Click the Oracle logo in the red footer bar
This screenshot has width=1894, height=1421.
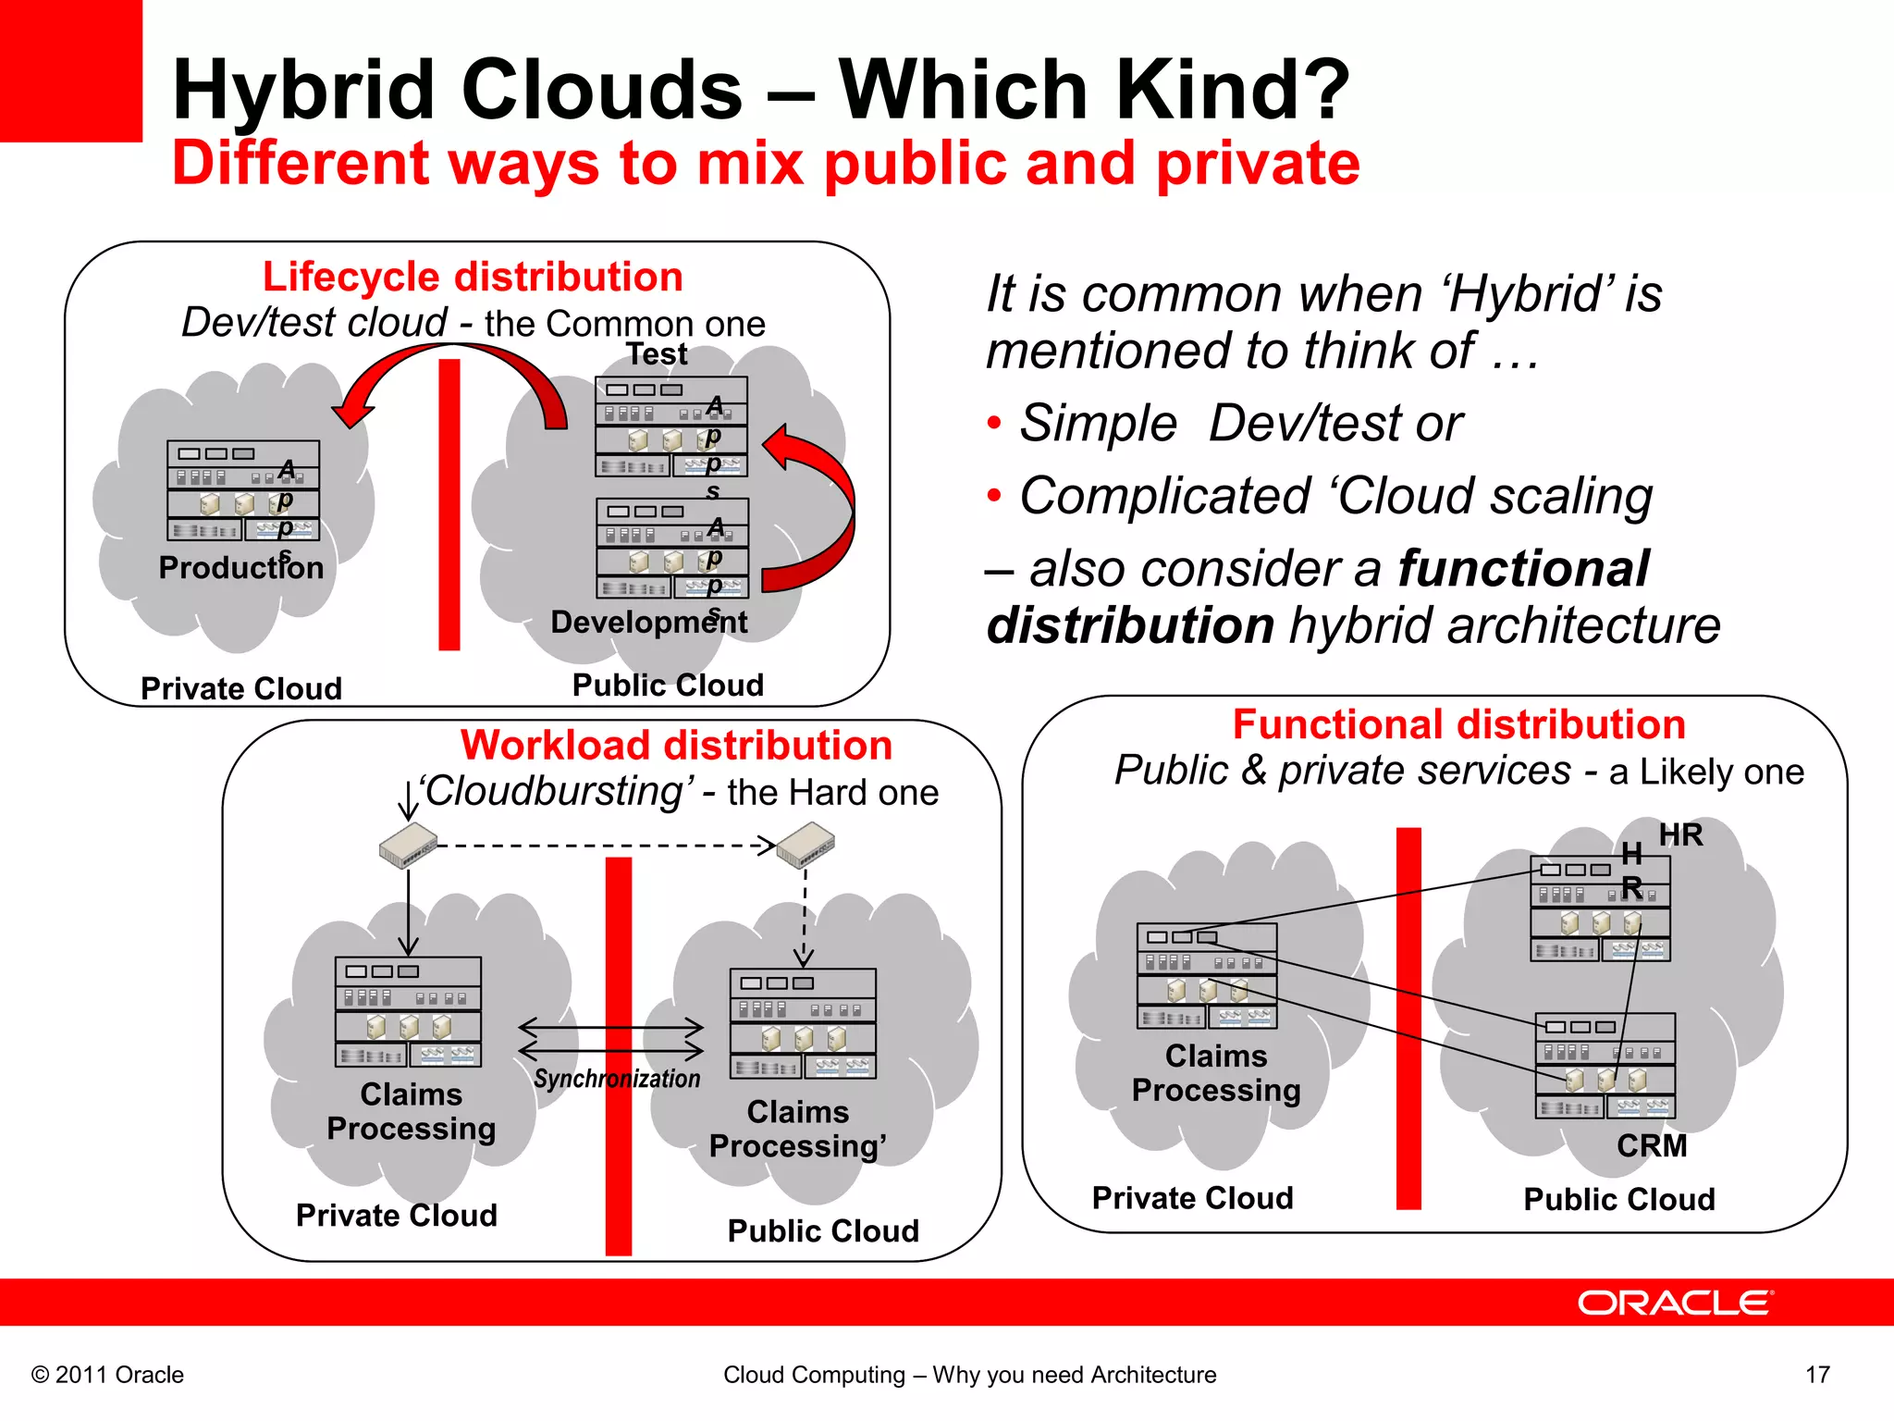pyautogui.click(x=1674, y=1303)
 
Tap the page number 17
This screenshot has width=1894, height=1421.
pyautogui.click(x=1817, y=1375)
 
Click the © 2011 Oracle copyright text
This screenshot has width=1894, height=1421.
pyautogui.click(x=108, y=1375)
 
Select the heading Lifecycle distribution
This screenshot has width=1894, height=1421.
pyautogui.click(x=473, y=277)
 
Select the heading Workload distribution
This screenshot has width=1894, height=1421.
pyautogui.click(x=676, y=745)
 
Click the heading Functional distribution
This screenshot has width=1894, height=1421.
pyautogui.click(x=1458, y=724)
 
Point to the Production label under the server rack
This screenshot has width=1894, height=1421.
pyautogui.click(x=240, y=567)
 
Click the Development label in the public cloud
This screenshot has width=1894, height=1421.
pyautogui.click(x=647, y=622)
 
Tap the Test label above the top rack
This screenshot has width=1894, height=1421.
pyautogui.click(x=657, y=353)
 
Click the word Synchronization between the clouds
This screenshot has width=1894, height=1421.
pyautogui.click(x=617, y=1079)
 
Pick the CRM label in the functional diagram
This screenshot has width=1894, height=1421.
pyautogui.click(x=1652, y=1145)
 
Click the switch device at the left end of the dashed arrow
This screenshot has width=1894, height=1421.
pyautogui.click(x=408, y=845)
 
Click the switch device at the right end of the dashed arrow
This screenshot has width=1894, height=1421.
pyautogui.click(x=805, y=846)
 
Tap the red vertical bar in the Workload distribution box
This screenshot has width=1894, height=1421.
pyautogui.click(x=619, y=1055)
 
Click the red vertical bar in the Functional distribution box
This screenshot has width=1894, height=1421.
pyautogui.click(x=1408, y=1018)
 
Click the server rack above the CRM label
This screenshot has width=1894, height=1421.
pyautogui.click(x=1605, y=1065)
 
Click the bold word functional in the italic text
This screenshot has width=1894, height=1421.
pyautogui.click(x=1522, y=568)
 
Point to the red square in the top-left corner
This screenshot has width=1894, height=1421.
pyautogui.click(x=70, y=70)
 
